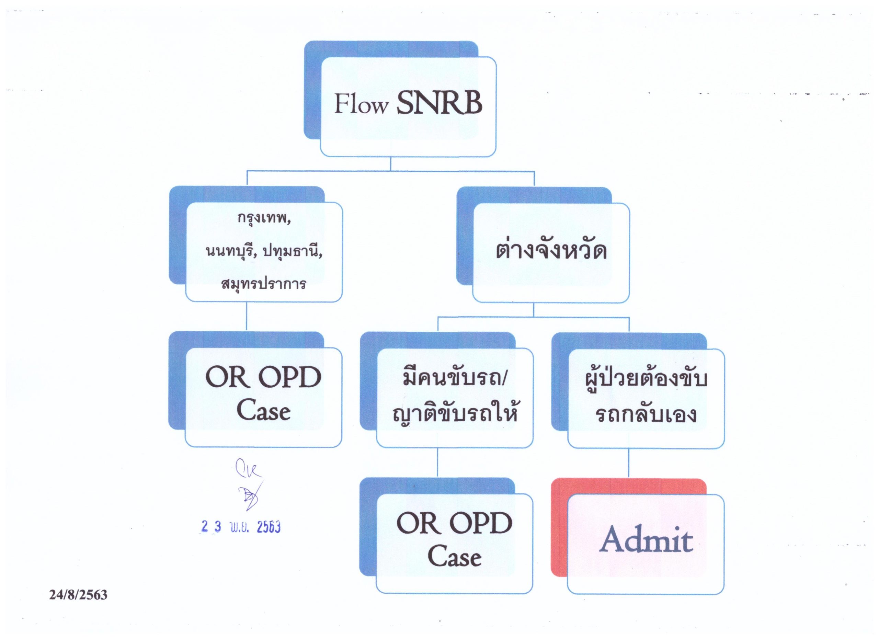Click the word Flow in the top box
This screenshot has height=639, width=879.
(361, 104)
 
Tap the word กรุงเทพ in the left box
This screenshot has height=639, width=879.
(264, 219)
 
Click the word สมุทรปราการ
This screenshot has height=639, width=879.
(264, 284)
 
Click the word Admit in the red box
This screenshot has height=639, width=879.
(646, 540)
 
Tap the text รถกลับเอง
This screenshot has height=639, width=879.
(646, 414)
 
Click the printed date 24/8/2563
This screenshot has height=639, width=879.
(78, 595)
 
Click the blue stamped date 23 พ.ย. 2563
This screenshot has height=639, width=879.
(241, 527)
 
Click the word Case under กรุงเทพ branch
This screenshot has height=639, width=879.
(264, 412)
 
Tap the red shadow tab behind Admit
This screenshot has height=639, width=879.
(558, 535)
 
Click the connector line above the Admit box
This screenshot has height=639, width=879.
(629, 463)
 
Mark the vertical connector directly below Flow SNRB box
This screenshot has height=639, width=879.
(391, 163)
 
